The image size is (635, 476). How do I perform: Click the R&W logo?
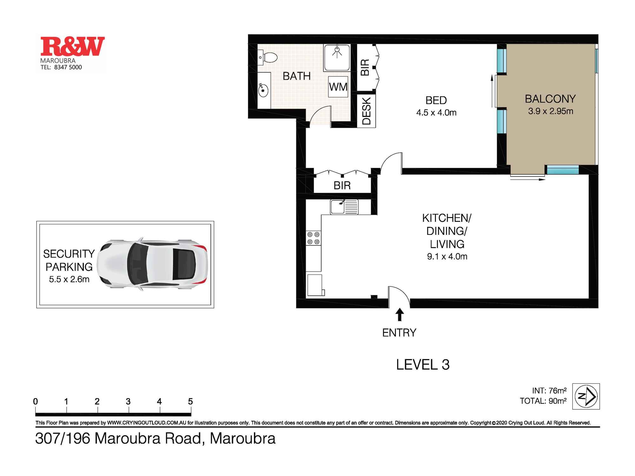pyautogui.click(x=72, y=47)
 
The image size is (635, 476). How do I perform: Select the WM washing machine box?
pyautogui.click(x=338, y=87)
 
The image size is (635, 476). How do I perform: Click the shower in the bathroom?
pyautogui.click(x=337, y=57)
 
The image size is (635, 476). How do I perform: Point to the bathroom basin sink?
pyautogui.click(x=263, y=90)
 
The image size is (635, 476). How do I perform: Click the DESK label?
pyautogui.click(x=366, y=111)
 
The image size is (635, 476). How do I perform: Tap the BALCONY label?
pyautogui.click(x=550, y=99)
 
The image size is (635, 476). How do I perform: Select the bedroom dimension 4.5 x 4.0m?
pyautogui.click(x=436, y=113)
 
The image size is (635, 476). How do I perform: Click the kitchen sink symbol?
pyautogui.click(x=344, y=207)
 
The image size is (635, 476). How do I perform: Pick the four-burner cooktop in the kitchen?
pyautogui.click(x=313, y=238)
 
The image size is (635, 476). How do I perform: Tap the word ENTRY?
pyautogui.click(x=399, y=333)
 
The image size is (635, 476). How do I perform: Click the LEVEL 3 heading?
pyautogui.click(x=423, y=365)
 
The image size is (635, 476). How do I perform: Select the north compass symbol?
pyautogui.click(x=586, y=396)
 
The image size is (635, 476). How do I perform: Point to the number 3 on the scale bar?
pyautogui.click(x=128, y=402)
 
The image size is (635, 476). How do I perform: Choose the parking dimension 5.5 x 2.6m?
pyautogui.click(x=69, y=279)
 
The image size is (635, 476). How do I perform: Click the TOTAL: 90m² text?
pyautogui.click(x=543, y=401)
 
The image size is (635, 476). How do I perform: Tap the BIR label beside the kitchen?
pyautogui.click(x=342, y=185)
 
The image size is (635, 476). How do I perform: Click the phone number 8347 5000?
pyautogui.click(x=68, y=67)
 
